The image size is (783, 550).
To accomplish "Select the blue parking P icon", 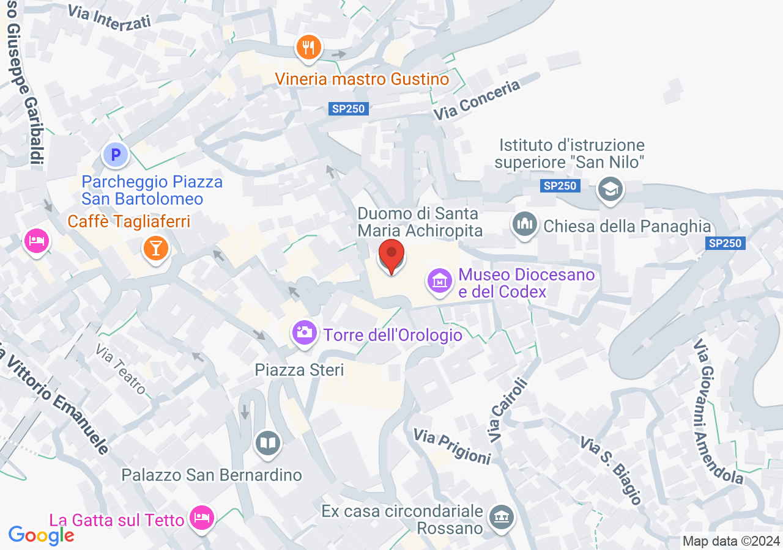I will coord(115,155).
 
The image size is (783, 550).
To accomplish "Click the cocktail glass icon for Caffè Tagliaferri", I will coord(156,248).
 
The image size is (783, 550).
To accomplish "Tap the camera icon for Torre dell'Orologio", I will coord(304,333).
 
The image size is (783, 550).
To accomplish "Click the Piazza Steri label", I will coord(299,370).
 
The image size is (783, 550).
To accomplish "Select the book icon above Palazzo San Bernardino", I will coord(267,442).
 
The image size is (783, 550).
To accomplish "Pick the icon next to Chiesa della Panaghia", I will coord(524,225).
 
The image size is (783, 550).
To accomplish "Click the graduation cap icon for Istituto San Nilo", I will coord(609,189).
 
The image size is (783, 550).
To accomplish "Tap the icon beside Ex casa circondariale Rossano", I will coord(502,518).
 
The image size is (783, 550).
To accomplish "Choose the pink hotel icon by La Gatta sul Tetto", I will coord(202,518).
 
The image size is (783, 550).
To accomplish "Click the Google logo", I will coord(41,535).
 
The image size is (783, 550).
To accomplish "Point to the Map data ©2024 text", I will coord(731,541).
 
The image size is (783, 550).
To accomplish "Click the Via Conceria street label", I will coord(477,100).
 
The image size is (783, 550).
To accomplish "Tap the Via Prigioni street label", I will coord(452,446).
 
